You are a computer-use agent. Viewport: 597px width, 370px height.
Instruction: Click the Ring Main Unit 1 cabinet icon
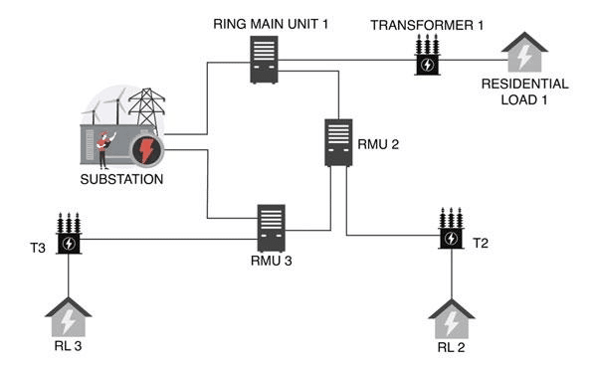(264, 60)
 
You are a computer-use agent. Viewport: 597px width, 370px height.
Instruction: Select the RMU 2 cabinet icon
(338, 143)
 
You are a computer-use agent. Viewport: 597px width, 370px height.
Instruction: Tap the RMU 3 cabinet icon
(271, 228)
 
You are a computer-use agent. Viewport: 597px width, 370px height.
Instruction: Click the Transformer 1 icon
(427, 55)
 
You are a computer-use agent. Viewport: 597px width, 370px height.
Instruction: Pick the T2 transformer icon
(451, 228)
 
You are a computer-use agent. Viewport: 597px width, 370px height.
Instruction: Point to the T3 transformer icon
(69, 234)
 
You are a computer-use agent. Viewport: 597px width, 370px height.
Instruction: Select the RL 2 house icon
(452, 319)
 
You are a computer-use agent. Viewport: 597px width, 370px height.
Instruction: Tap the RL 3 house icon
(69, 317)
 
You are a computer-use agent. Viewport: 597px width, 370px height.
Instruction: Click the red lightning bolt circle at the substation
(147, 150)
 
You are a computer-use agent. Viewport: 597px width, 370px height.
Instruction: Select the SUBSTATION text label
(121, 179)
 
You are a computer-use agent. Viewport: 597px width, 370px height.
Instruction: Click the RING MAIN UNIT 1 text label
(271, 24)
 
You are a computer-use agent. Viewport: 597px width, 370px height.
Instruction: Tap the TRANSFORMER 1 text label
(427, 25)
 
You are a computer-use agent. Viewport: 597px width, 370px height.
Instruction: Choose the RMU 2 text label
(378, 144)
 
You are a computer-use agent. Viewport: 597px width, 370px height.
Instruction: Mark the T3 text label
(38, 249)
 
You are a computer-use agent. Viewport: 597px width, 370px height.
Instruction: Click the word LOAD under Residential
(515, 99)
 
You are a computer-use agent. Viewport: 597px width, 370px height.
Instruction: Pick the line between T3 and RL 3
(69, 276)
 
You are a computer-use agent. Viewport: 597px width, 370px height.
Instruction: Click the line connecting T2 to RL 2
(452, 275)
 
